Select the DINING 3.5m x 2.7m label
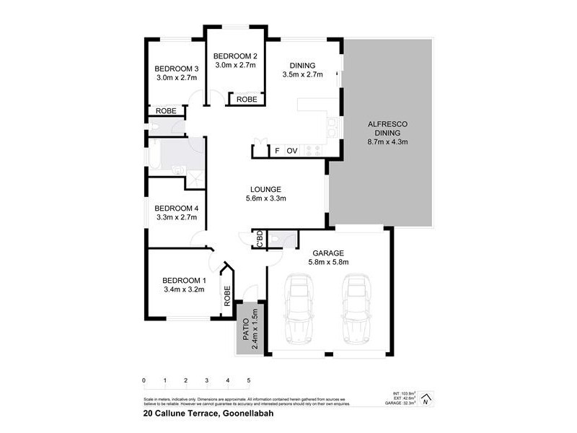tap(301, 69)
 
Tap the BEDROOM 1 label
tap(183, 285)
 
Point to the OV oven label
tap(292, 151)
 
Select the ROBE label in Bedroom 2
tap(247, 100)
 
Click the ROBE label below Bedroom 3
tap(165, 111)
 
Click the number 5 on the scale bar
tap(249, 380)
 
